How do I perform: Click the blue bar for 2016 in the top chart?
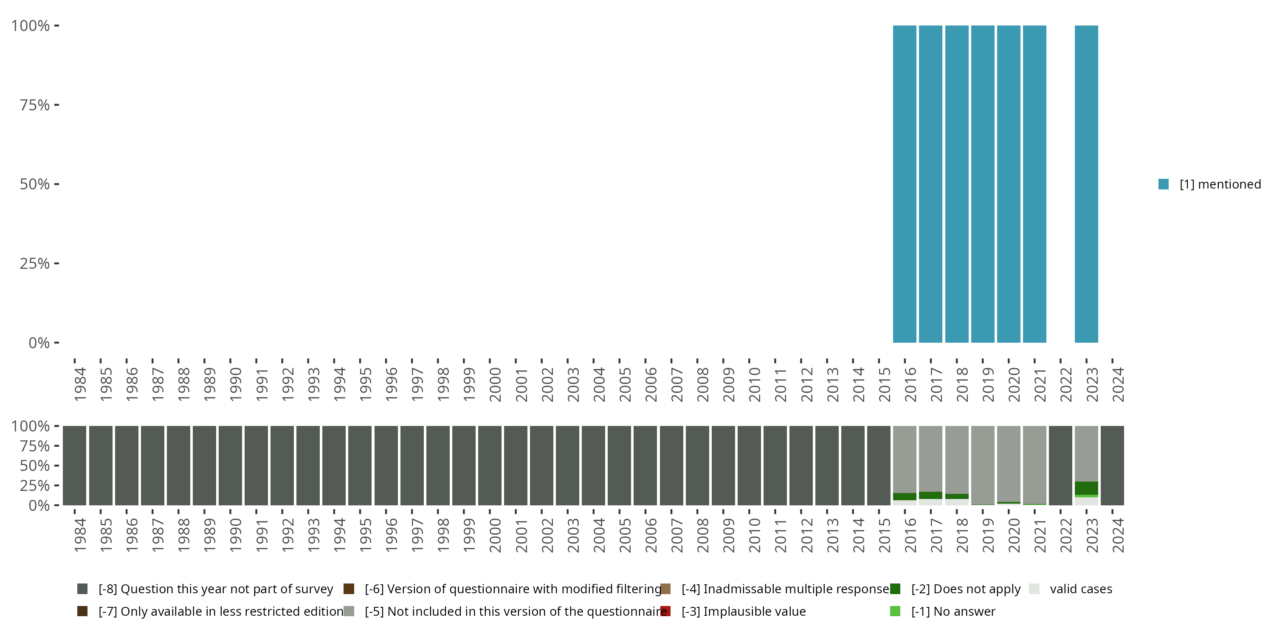[905, 184]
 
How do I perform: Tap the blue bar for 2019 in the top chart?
[983, 184]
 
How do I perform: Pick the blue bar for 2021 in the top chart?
[1034, 184]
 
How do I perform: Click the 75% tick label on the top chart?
[35, 105]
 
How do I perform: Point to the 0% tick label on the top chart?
[39, 343]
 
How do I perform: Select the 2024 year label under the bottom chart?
[1118, 536]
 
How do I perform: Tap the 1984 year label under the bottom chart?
[80, 536]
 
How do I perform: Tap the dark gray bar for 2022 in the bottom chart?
[1060, 465]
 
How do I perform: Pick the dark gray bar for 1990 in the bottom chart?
[231, 465]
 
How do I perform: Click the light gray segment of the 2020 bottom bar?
[1009, 463]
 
